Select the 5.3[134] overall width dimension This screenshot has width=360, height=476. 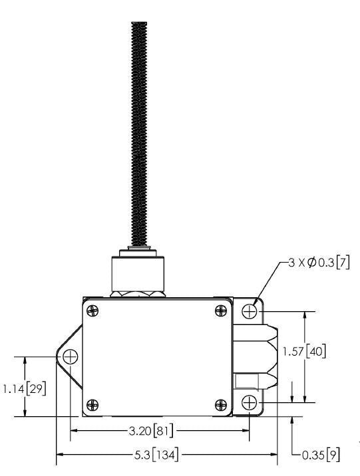coord(154,455)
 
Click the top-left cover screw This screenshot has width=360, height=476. coord(94,309)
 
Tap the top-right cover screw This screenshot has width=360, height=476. coord(220,309)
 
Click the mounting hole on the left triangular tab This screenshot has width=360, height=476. coord(70,357)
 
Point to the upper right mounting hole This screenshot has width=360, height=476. coord(250,310)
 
